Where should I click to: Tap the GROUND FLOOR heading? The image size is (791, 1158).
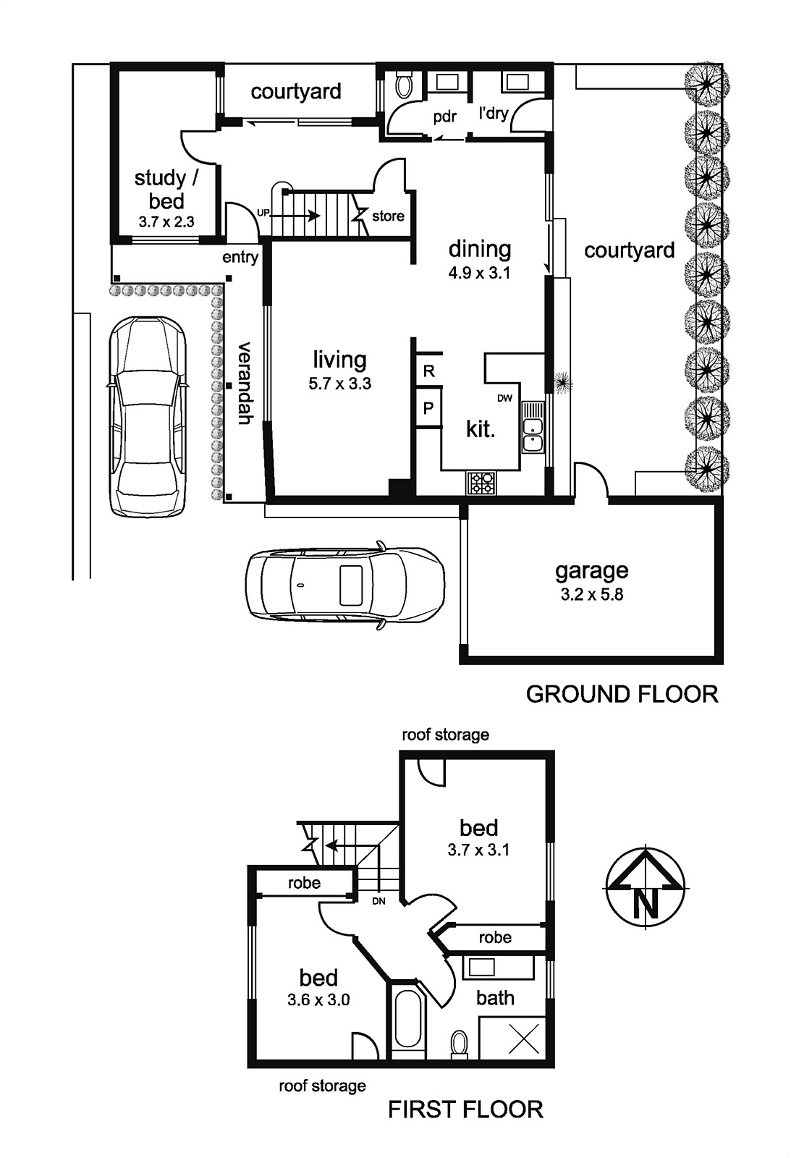pos(622,694)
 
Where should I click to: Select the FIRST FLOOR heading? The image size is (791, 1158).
pos(465,1110)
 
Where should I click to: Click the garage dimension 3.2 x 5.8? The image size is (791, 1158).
pos(592,594)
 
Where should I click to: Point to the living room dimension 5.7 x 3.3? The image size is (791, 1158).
pos(339,384)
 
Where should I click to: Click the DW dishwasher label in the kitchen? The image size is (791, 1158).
pos(504,398)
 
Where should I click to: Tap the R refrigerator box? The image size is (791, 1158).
pos(428,370)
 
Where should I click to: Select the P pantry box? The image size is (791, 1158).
pos(428,408)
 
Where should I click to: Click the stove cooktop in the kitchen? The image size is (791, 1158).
pos(481,483)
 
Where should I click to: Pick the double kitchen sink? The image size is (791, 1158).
pos(533,427)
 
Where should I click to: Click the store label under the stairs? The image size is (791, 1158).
pos(388,216)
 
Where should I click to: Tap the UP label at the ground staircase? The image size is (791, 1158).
pos(263,213)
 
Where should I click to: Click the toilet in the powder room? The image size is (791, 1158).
pos(404,84)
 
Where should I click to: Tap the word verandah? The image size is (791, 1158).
pos(244,383)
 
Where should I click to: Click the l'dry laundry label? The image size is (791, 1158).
pos(494,113)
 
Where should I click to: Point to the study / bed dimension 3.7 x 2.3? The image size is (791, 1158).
pos(166,221)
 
